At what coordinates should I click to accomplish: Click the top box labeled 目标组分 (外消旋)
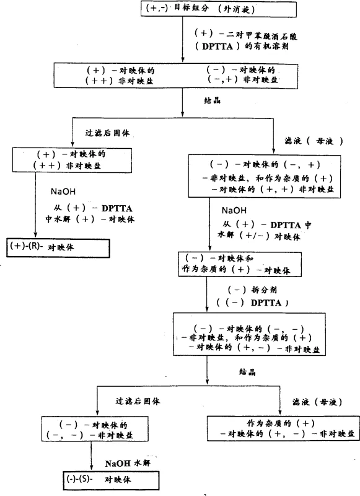coord(199,10)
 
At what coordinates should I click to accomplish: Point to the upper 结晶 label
coord(214,99)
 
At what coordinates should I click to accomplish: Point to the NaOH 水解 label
coord(127,463)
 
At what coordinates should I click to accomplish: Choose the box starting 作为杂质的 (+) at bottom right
coord(283,428)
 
